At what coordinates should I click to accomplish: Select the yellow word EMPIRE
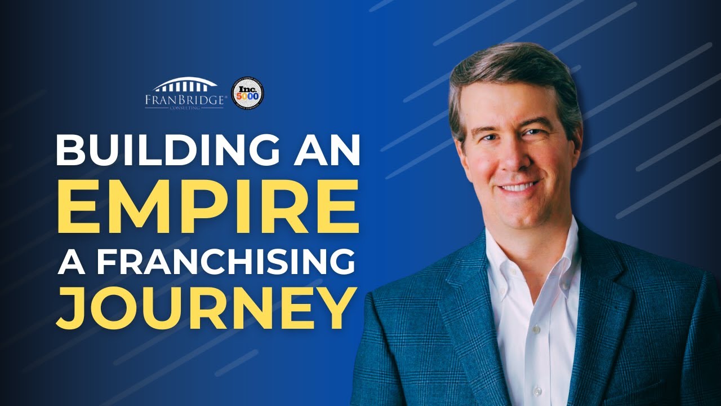(x=208, y=206)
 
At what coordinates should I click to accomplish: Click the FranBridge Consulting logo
(x=186, y=94)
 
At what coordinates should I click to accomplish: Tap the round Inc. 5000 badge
(x=248, y=93)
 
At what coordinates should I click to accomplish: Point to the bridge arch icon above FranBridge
(x=186, y=85)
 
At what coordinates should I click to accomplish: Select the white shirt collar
(x=507, y=254)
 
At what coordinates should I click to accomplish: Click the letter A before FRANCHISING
(x=71, y=262)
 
